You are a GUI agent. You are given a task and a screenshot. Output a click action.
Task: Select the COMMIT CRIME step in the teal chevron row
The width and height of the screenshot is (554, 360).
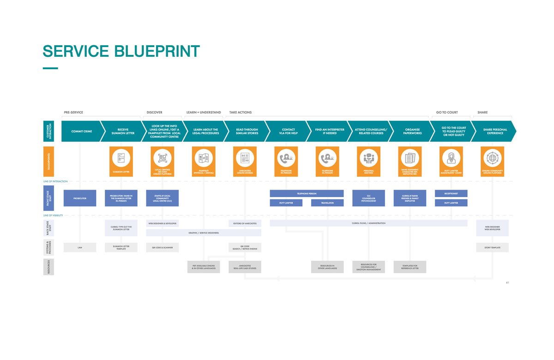[x=82, y=132]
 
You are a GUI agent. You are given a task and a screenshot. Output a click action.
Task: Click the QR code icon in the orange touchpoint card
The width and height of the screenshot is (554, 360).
[x=163, y=158]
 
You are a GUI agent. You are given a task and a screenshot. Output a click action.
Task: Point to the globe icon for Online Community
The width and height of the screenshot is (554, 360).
[x=492, y=158]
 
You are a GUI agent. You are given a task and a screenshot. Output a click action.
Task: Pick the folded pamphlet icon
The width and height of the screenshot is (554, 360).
[x=204, y=158]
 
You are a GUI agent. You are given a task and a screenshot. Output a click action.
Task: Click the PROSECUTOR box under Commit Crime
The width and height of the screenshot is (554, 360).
[x=80, y=198]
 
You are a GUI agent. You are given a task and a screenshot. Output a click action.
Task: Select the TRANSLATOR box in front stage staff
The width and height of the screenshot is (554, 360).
[x=327, y=203]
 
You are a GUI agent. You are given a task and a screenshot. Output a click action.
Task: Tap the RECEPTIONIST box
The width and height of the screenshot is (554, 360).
[x=451, y=193]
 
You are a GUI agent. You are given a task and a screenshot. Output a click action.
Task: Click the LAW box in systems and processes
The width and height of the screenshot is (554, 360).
[x=80, y=247]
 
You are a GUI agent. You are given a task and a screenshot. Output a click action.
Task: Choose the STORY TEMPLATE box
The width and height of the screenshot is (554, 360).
[x=492, y=247]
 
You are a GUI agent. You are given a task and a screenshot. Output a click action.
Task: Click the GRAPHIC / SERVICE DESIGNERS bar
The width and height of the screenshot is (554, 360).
[x=204, y=233]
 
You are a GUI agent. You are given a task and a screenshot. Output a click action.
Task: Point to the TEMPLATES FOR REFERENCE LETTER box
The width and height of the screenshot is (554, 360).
[x=409, y=267]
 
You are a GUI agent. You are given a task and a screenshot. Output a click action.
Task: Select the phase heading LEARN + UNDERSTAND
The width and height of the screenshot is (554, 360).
[x=204, y=113]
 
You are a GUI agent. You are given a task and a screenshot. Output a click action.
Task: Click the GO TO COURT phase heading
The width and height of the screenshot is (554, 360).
[x=447, y=113]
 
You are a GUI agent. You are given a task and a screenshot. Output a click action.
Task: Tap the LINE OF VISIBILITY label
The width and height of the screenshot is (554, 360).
[x=53, y=216]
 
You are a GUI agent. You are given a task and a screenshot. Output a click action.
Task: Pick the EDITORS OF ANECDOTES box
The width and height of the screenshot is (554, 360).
[x=245, y=223]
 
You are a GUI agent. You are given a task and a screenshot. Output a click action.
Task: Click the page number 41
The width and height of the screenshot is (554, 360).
[x=507, y=282]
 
